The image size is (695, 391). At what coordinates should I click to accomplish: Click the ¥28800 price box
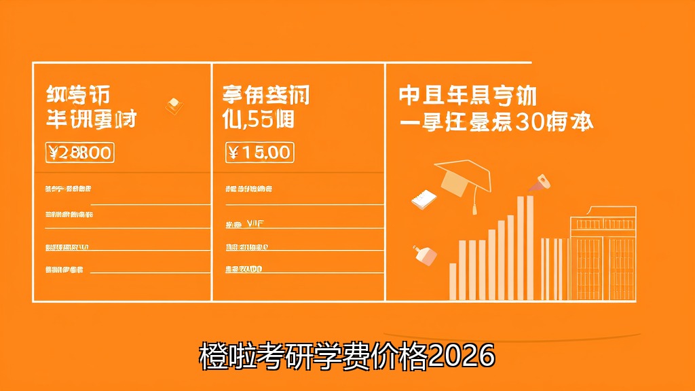click(x=79, y=153)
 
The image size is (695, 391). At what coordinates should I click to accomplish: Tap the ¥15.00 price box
click(x=259, y=152)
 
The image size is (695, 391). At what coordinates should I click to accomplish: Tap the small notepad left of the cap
click(x=424, y=198)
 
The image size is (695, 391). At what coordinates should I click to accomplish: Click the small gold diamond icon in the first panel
click(x=174, y=104)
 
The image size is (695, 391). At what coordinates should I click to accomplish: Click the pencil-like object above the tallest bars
click(x=542, y=181)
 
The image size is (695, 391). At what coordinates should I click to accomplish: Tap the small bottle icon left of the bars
click(x=425, y=255)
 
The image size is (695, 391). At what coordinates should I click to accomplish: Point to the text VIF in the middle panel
click(x=256, y=223)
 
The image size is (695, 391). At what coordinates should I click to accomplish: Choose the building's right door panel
click(x=621, y=267)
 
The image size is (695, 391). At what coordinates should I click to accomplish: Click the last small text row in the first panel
click(x=64, y=269)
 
